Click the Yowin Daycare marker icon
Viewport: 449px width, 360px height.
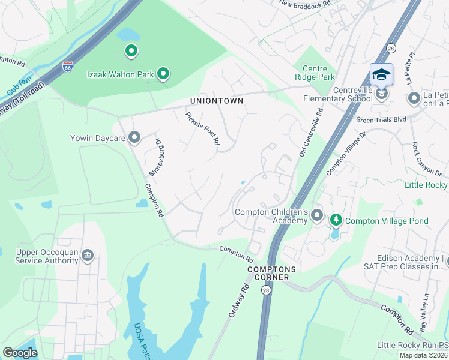(134, 138)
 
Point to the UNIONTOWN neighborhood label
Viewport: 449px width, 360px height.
(217, 101)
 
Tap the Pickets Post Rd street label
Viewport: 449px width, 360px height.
(202, 128)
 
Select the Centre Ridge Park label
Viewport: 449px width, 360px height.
(315, 73)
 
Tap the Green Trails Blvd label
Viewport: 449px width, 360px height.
(382, 119)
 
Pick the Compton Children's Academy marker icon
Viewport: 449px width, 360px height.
(317, 215)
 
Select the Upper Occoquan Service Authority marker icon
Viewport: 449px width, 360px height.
(88, 256)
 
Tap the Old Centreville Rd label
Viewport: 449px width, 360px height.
(310, 132)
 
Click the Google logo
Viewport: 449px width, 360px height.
(20, 353)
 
